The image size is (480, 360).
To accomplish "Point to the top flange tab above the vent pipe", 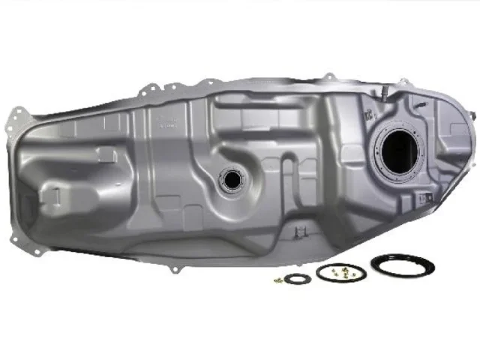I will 328,76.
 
